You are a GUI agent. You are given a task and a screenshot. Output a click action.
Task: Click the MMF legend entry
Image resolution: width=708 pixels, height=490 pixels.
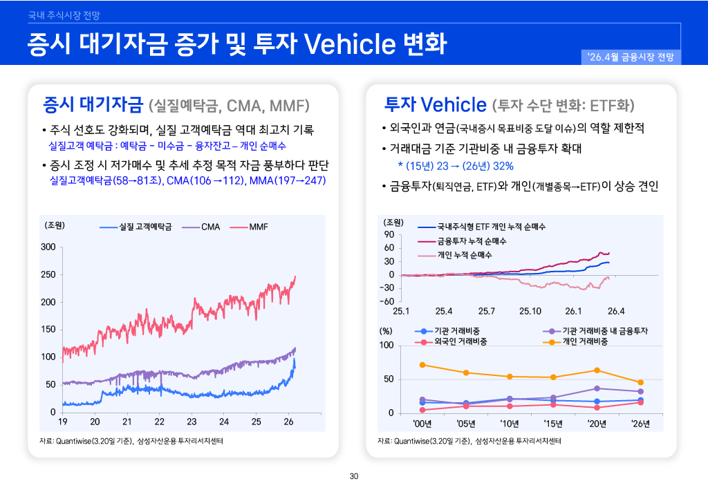[258, 227]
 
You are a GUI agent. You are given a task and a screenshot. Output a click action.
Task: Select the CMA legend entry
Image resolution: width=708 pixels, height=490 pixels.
[210, 227]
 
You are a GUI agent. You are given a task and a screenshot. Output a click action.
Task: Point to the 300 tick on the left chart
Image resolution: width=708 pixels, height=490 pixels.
[48, 247]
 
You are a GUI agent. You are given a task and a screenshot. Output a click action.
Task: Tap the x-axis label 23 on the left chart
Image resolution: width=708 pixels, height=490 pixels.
[192, 422]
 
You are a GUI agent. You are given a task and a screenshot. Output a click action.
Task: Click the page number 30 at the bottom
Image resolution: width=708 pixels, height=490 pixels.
[354, 476]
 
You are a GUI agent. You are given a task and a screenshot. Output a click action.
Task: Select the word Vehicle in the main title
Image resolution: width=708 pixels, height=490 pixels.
[348, 43]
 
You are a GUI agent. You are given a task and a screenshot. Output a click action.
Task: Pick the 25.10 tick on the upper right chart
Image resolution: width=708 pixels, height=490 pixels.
[530, 312]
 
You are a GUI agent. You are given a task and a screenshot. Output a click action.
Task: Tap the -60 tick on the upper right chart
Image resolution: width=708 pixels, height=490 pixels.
[385, 301]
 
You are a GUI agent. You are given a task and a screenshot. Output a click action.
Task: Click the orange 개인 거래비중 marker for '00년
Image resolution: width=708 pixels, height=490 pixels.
[423, 364]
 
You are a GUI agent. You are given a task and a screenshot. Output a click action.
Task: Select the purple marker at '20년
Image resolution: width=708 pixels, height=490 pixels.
[597, 388]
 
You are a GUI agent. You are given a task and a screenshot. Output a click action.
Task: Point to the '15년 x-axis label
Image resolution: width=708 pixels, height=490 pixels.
[553, 424]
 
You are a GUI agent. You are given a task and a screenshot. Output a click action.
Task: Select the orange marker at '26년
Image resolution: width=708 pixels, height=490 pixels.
[640, 382]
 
